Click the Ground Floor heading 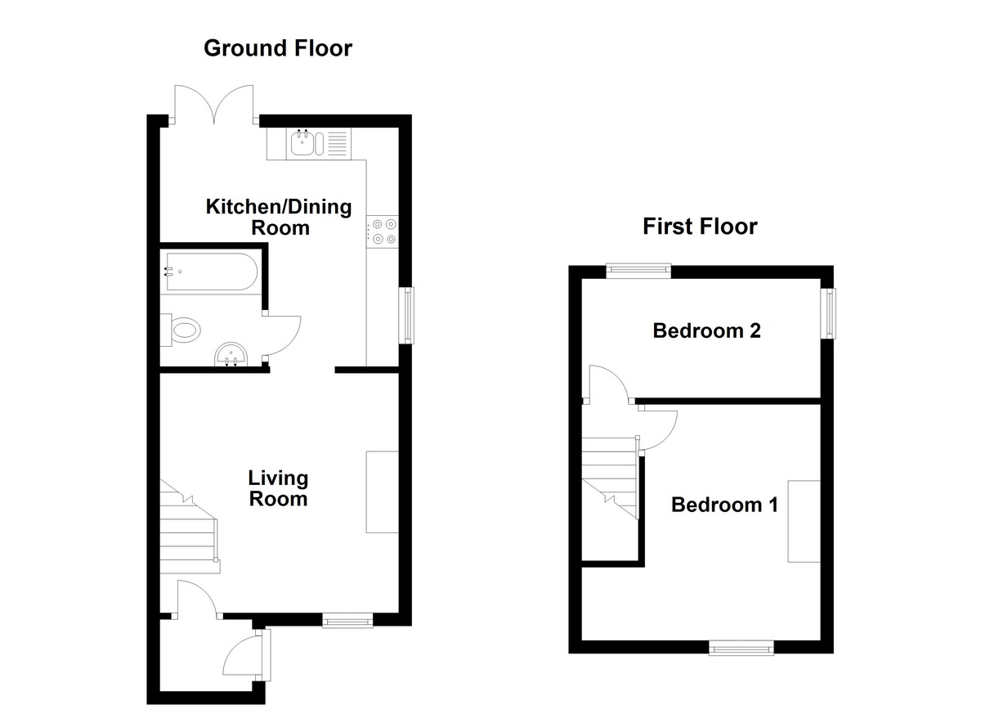[278, 48]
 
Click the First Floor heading [700, 227]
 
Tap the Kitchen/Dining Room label [279, 218]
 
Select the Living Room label [278, 488]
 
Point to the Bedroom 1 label [725, 505]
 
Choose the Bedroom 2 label [706, 330]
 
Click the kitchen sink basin [302, 143]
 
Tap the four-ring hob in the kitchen [383, 231]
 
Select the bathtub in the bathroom [212, 272]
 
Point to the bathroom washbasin [231, 354]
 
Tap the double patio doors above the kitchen [214, 104]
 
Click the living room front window [347, 620]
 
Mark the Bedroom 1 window [741, 648]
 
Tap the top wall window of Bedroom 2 [638, 271]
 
